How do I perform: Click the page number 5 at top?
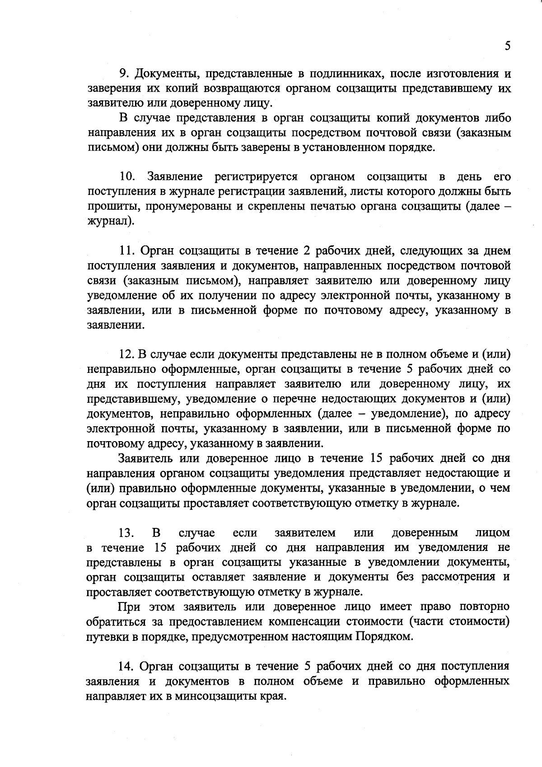pyautogui.click(x=507, y=46)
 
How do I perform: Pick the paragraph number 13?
pyautogui.click(x=126, y=533)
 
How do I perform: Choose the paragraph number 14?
pyautogui.click(x=126, y=666)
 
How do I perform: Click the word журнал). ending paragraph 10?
pyautogui.click(x=110, y=221)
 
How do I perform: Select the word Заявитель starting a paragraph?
pyautogui.click(x=145, y=458)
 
